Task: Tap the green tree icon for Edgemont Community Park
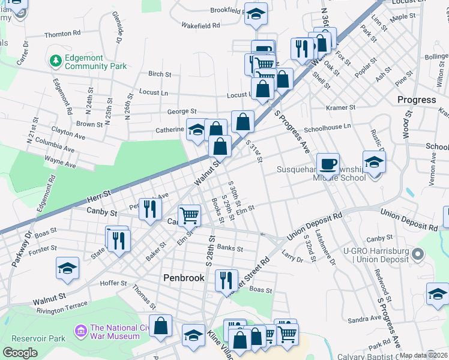click(56, 61)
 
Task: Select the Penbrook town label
click(184, 278)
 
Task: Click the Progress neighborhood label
click(417, 100)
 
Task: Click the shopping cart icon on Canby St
click(189, 215)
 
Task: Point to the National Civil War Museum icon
click(80, 330)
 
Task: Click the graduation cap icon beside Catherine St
click(196, 130)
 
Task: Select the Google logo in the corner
click(20, 353)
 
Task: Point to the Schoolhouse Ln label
click(327, 127)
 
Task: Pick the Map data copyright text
click(423, 355)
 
